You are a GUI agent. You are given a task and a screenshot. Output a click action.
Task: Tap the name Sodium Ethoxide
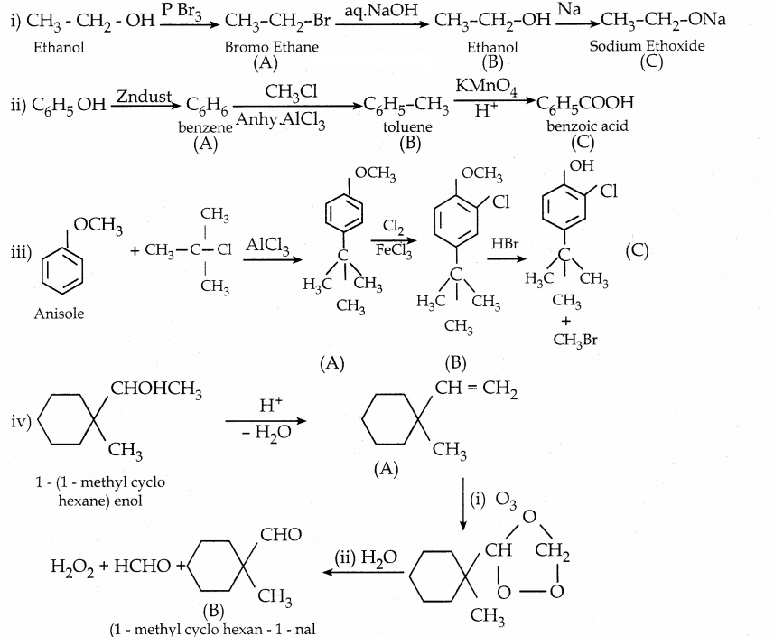pyautogui.click(x=647, y=46)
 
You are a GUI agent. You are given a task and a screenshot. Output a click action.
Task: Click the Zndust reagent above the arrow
pyautogui.click(x=145, y=95)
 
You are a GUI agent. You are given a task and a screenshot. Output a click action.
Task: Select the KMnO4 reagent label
pyautogui.click(x=486, y=88)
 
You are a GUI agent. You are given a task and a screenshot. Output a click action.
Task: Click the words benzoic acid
pyautogui.click(x=587, y=126)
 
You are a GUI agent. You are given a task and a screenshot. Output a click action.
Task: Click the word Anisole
pyautogui.click(x=59, y=314)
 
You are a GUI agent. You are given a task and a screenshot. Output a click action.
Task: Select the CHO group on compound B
pyautogui.click(x=280, y=536)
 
